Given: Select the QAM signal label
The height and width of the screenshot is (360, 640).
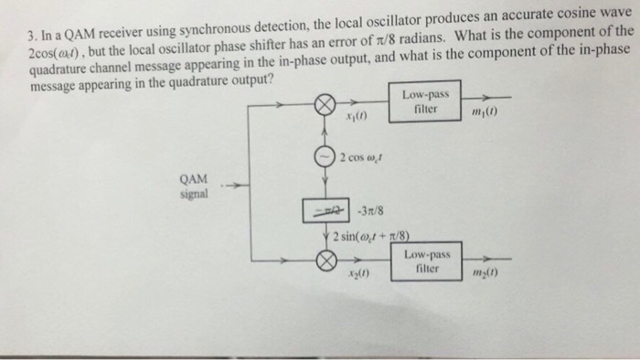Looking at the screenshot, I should tap(195, 187).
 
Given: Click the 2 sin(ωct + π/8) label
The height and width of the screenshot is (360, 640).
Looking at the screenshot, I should tap(366, 237).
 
